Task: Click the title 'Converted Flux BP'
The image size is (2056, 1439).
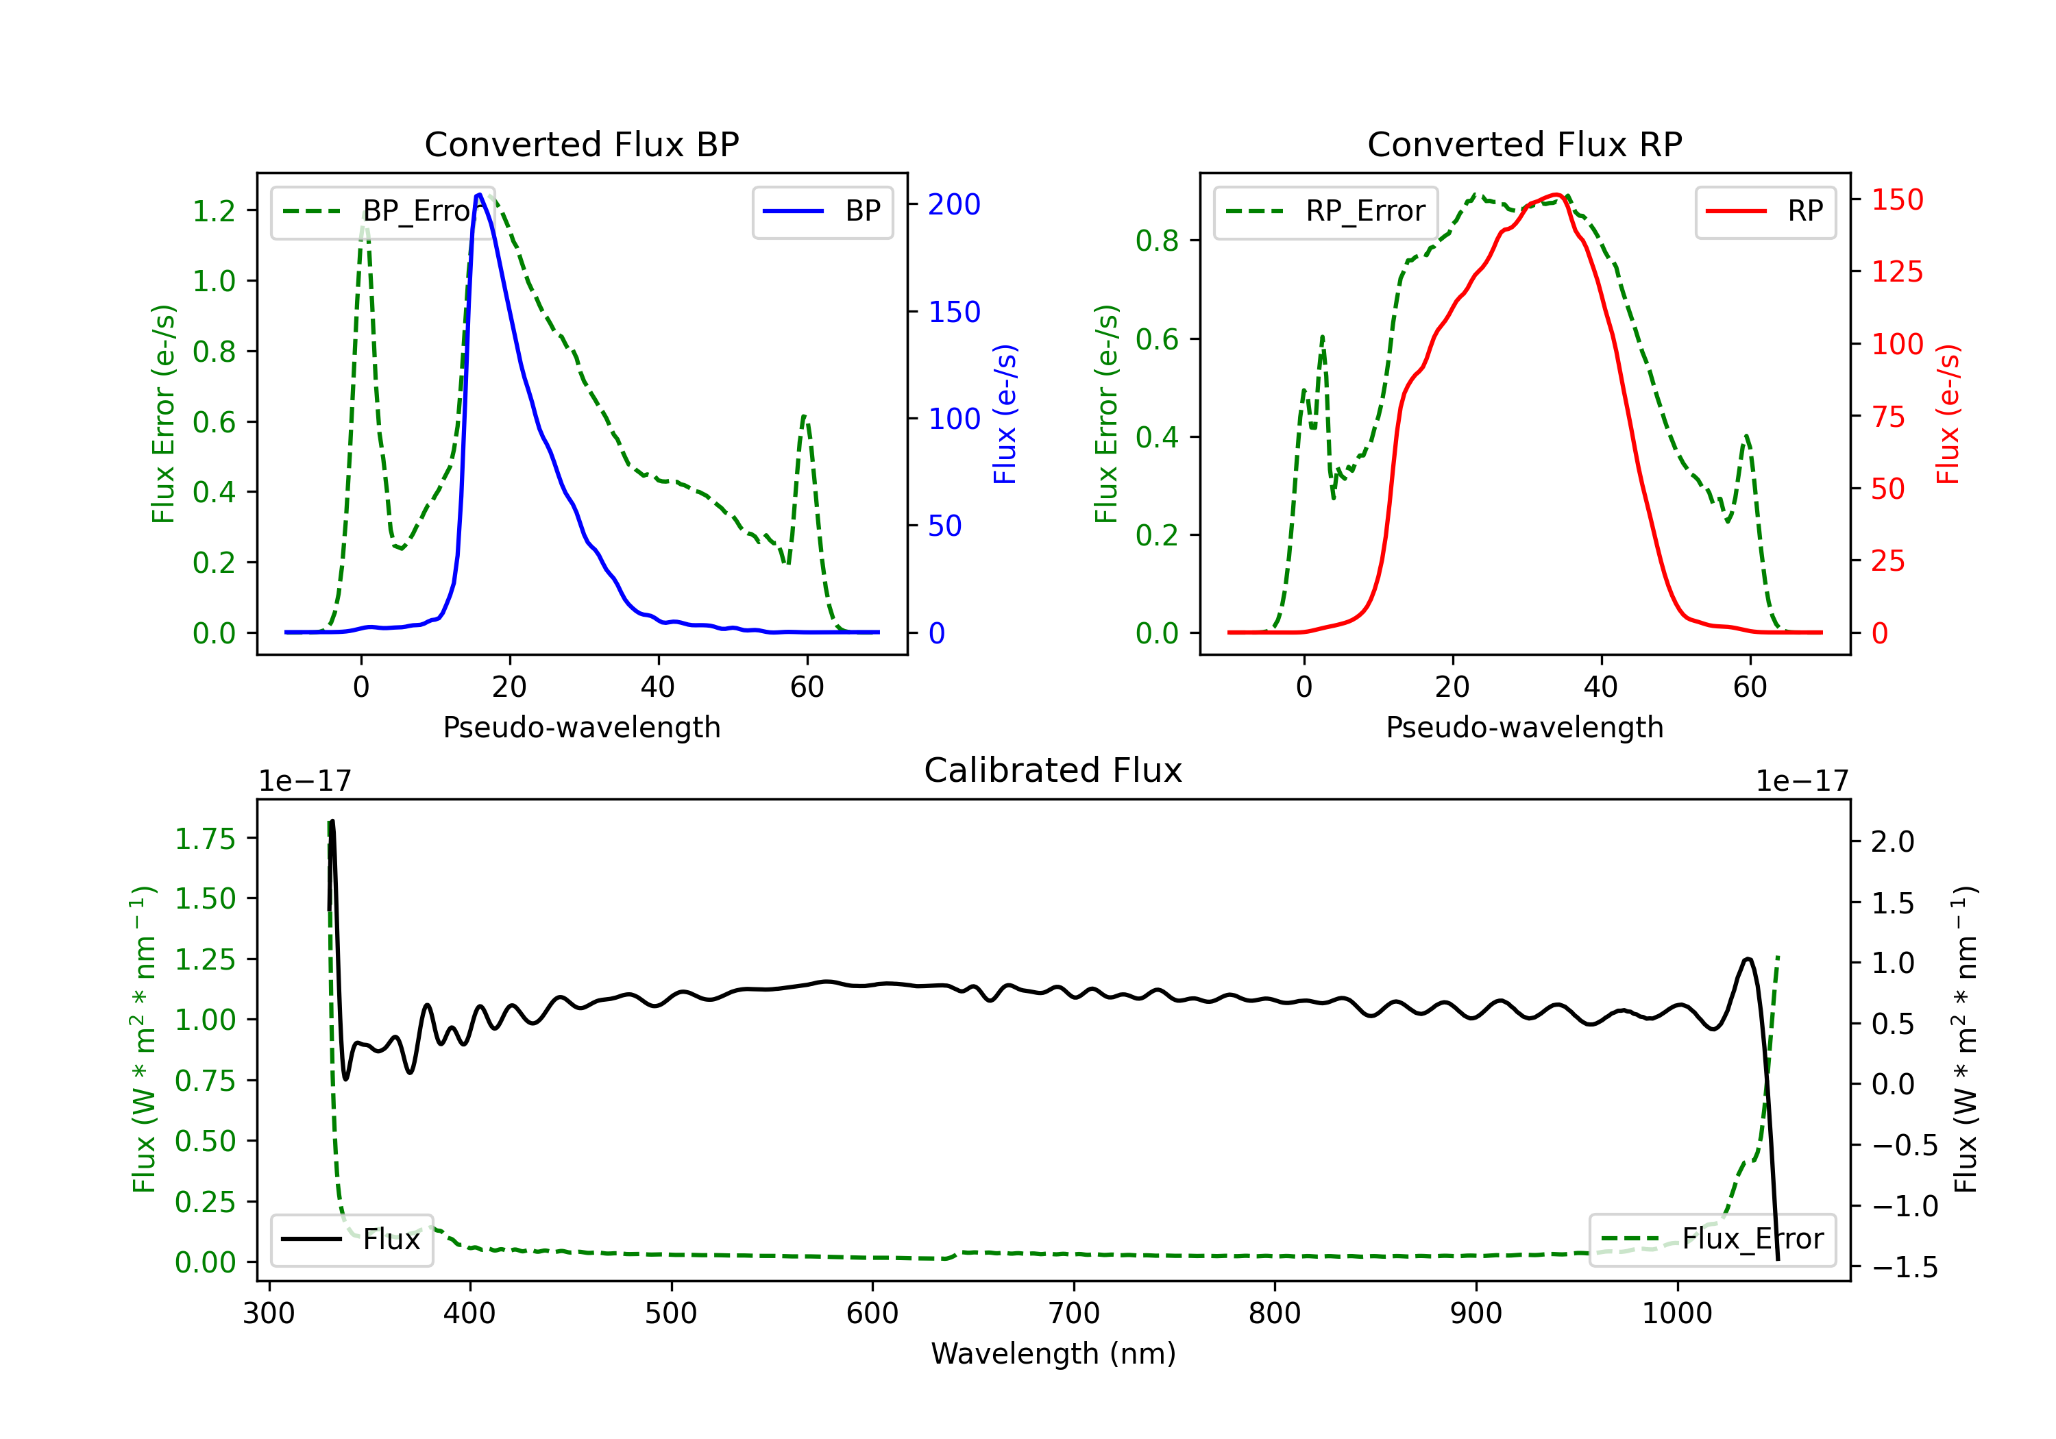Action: point(581,144)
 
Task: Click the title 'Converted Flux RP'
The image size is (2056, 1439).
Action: point(1524,144)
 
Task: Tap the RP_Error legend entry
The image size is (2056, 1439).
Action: point(1325,211)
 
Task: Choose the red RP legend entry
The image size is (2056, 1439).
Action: point(1765,211)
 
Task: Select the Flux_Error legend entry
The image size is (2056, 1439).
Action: point(1711,1240)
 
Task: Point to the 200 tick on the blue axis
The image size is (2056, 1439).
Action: point(954,204)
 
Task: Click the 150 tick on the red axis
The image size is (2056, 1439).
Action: point(1896,199)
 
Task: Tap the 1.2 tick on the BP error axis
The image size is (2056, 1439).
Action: point(214,210)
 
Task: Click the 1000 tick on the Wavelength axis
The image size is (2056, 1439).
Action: point(1676,1313)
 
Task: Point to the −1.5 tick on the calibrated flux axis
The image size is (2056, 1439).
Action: point(1904,1267)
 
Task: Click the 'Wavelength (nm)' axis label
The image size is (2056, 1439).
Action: point(1053,1353)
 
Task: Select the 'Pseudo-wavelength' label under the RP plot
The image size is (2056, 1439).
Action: point(1524,727)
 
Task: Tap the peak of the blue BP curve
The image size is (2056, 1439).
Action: point(479,195)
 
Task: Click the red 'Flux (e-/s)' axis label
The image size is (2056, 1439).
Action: point(1948,414)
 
